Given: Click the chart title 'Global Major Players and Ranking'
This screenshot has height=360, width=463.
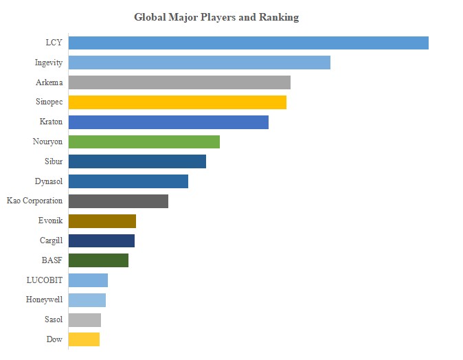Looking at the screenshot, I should [216, 17].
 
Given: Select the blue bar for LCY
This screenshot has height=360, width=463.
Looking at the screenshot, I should [248, 43].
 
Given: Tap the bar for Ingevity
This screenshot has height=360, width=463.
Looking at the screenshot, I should [199, 63].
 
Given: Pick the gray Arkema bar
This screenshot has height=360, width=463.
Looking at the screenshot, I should [179, 82].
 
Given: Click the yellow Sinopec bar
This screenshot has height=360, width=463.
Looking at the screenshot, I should [177, 102].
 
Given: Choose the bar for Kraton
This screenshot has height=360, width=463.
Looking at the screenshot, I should [168, 122].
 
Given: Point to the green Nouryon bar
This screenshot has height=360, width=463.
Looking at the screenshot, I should [144, 142].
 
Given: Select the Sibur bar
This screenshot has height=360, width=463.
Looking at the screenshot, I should [137, 161].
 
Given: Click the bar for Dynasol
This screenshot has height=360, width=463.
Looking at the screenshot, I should [128, 181].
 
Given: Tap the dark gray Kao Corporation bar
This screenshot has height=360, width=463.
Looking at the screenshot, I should [118, 201].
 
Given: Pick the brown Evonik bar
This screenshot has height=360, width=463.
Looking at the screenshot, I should [102, 221].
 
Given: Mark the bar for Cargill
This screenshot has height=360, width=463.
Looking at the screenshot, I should [102, 241].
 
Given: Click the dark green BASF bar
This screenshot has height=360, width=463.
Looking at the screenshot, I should [98, 260].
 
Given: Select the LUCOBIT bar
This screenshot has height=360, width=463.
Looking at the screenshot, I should [88, 280].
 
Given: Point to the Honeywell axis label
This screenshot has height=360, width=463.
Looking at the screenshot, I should [44, 300].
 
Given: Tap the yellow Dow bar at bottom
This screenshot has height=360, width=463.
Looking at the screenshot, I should [84, 339].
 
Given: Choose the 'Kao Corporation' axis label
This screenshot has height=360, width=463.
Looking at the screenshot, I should [34, 201].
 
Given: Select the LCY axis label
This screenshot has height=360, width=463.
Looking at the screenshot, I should [54, 43].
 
